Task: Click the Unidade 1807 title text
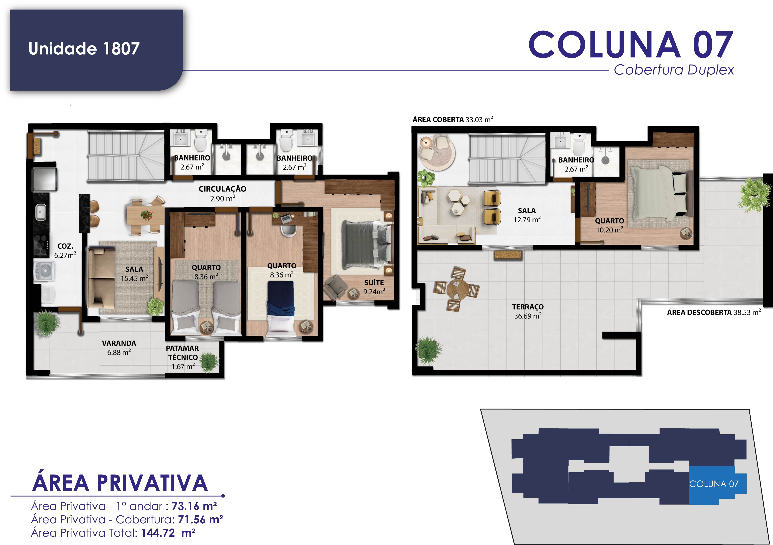coord(84,48)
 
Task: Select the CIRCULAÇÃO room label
coord(223,189)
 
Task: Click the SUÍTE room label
coord(374,282)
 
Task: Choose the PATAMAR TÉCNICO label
coord(183,353)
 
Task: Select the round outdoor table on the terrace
coord(456,289)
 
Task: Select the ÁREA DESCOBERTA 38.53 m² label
coord(714,312)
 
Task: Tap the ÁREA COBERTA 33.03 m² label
coord(453,120)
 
